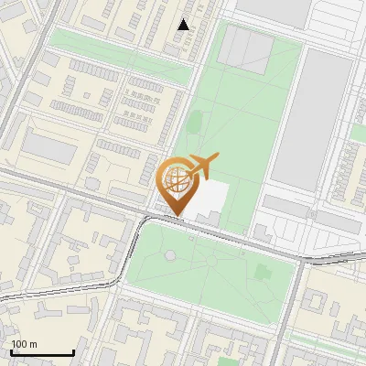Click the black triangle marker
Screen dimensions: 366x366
[184, 25]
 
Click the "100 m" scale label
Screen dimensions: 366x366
[25, 344]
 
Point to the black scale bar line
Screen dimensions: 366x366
[42, 352]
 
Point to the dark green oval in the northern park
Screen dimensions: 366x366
[194, 121]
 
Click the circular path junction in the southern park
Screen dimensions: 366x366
[212, 260]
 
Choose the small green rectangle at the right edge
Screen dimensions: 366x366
[358, 133]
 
